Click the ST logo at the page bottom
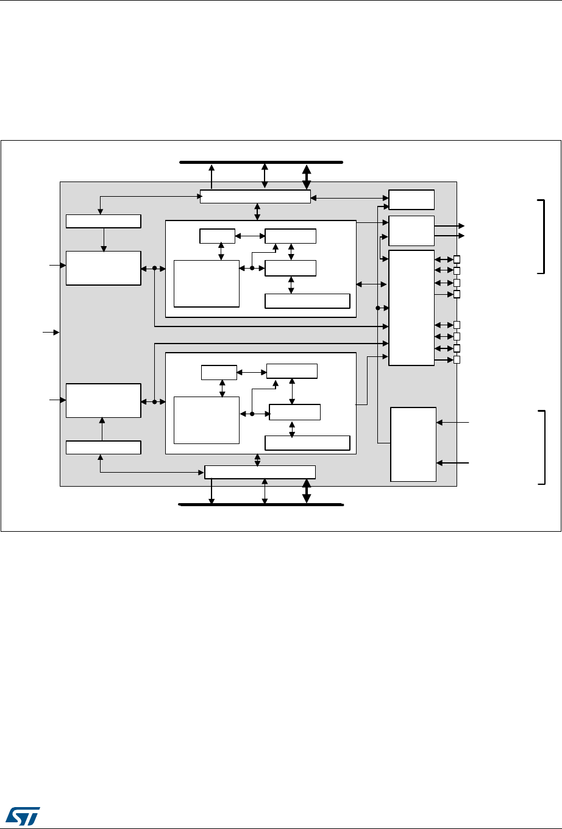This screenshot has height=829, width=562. click(23, 814)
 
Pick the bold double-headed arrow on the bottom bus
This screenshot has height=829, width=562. click(307, 492)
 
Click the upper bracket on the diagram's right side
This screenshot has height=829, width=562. click(540, 236)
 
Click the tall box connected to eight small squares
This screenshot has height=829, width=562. click(411, 308)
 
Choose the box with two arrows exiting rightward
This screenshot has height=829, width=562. click(411, 230)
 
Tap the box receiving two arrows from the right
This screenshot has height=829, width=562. click(413, 444)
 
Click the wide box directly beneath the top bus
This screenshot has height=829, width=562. click(255, 197)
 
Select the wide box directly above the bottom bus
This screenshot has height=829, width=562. click(260, 472)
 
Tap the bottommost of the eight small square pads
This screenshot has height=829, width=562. click(457, 360)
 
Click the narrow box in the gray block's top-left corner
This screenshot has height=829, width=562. click(104, 221)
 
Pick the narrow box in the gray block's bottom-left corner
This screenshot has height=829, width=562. click(104, 447)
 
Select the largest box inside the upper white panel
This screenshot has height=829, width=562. click(207, 283)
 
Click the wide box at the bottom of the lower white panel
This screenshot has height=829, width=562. click(307, 443)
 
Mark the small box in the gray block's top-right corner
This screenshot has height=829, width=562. click(411, 199)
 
